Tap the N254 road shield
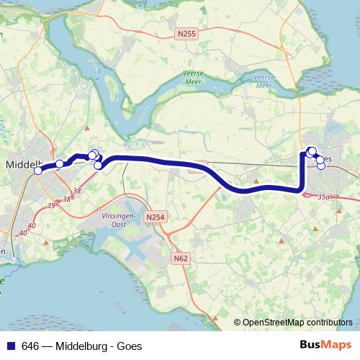pyautogui.click(x=154, y=217)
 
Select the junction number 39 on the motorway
pyautogui.click(x=52, y=206)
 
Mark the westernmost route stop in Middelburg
pyautogui.click(x=38, y=171)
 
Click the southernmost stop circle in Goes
pyautogui.click(x=321, y=166)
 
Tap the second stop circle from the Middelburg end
pyautogui.click(x=60, y=164)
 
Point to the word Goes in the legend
pyautogui.click(x=130, y=346)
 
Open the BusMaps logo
pyautogui.click(x=326, y=345)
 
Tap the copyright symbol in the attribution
pyautogui.click(x=237, y=323)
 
